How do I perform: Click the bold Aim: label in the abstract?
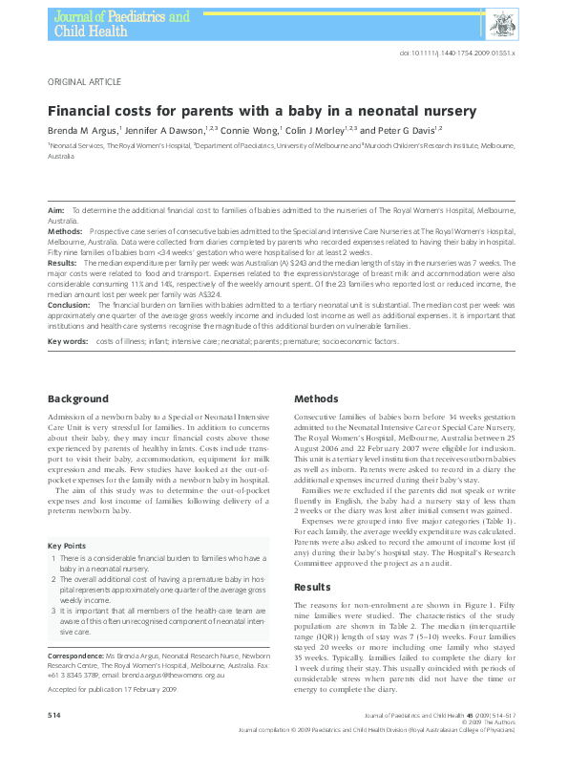(55, 208)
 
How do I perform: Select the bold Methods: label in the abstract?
(64, 232)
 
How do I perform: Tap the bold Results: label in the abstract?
(62, 260)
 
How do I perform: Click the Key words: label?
(68, 341)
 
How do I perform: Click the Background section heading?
(78, 398)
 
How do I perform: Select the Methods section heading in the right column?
(316, 398)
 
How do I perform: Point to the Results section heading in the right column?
(311, 588)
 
